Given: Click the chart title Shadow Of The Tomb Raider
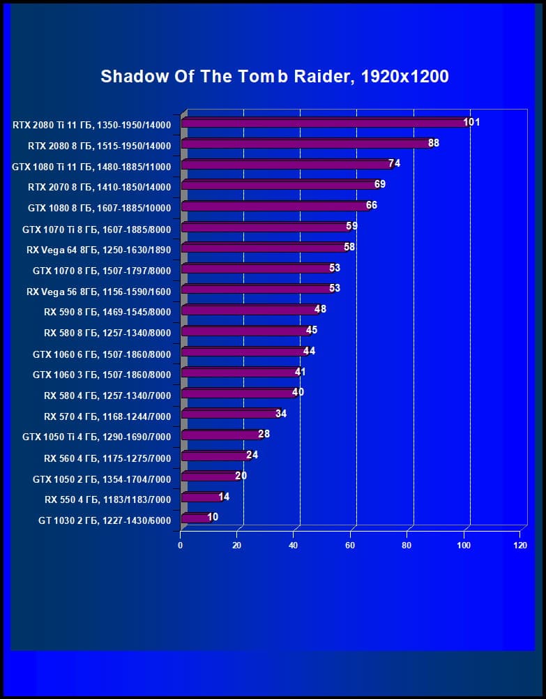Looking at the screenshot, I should coord(274,77).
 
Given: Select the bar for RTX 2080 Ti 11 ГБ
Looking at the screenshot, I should coord(324,123).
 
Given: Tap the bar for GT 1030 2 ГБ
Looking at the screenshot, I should coord(195,518).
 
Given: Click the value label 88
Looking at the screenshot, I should coord(434,143).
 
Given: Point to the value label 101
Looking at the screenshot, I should coord(471,122).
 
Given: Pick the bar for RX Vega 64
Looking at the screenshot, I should coord(263,248).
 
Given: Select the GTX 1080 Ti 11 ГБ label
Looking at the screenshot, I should coord(91,167).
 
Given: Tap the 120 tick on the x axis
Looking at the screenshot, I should coord(520,545).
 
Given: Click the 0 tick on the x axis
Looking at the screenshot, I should coord(181,545).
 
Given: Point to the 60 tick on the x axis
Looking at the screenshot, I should coord(350,545).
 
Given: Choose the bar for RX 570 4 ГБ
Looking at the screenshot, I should coord(229,414).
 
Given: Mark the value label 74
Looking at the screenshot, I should coord(394,163).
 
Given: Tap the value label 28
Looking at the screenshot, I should coord(264,434).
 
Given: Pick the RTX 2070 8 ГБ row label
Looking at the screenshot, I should coord(99,187).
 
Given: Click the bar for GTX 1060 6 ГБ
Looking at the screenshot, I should coord(243,352).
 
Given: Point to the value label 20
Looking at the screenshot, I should coord(241,476).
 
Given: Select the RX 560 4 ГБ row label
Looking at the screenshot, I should coord(107,458).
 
